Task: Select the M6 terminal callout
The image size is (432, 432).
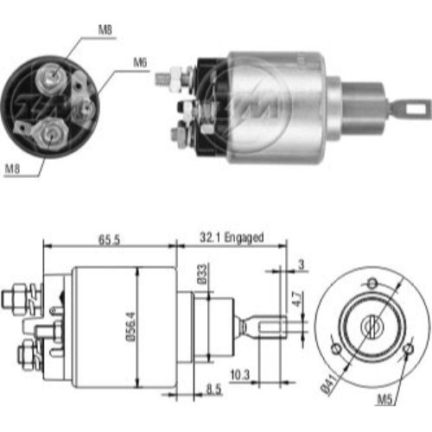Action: coord(140,61)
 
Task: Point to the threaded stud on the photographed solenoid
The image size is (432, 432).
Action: coord(162,78)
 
